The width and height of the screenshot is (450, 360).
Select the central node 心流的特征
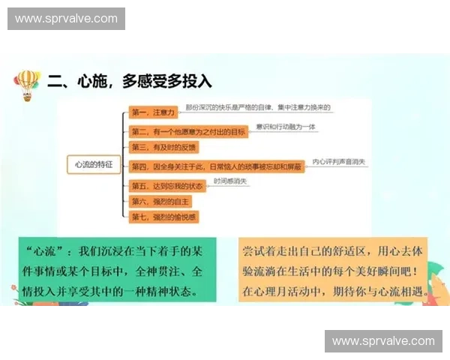coord(94,164)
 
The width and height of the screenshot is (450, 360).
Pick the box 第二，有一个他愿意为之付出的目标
coord(188,131)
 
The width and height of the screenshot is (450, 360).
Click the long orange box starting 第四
coord(217,166)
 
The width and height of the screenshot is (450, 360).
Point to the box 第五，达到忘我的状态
coord(166,184)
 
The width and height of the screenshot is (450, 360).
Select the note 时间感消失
coord(229,181)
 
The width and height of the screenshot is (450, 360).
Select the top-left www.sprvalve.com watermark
coord(66,18)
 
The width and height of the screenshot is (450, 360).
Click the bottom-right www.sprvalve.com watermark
coord(383,341)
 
